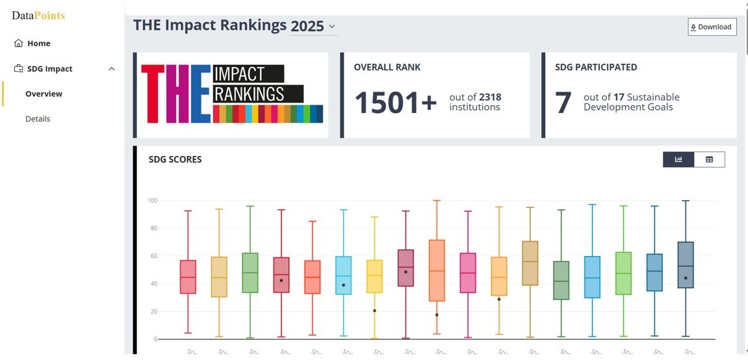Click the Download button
tap(712, 27)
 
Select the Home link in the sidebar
tap(38, 44)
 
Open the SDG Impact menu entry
tap(50, 69)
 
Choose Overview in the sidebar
tap(44, 94)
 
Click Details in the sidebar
tap(38, 119)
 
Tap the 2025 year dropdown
tap(313, 27)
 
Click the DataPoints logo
tap(38, 16)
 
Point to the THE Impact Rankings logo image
tap(232, 94)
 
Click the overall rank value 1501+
tap(395, 103)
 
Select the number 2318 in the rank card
tap(490, 97)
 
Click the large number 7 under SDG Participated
tap(563, 103)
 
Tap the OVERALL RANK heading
tap(387, 67)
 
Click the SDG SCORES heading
tap(175, 159)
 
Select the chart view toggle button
tap(678, 159)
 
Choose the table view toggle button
tap(709, 159)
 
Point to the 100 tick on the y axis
tap(152, 200)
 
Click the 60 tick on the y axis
tap(153, 256)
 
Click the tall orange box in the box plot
tap(437, 270)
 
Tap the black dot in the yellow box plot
tap(374, 311)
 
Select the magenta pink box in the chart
tap(468, 273)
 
